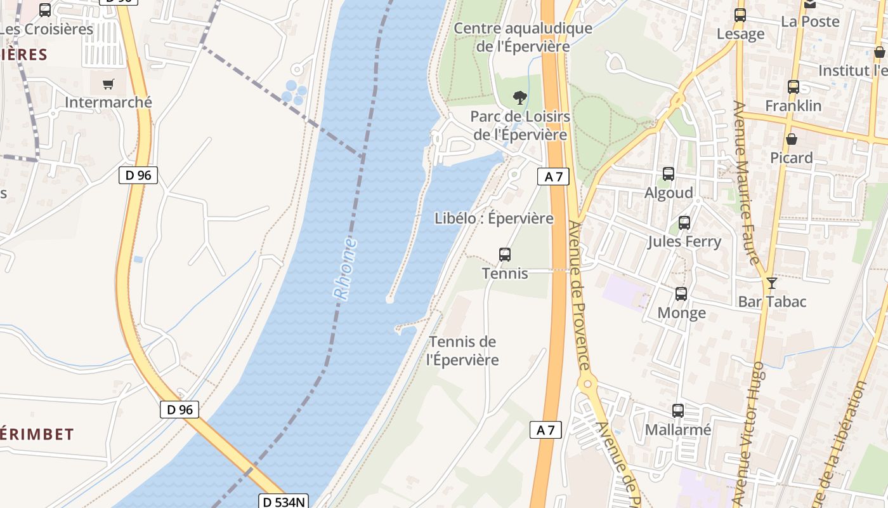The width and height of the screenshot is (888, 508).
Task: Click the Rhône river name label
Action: tap(345, 269)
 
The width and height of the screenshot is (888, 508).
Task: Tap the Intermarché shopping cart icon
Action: tap(108, 84)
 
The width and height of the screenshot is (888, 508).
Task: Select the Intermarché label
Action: tap(108, 102)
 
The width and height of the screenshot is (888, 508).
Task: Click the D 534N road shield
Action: tap(284, 502)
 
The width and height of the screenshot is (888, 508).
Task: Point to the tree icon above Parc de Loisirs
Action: tap(520, 98)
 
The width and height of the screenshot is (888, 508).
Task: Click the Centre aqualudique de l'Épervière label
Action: tap(523, 37)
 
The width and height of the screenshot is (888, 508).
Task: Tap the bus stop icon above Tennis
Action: tap(505, 255)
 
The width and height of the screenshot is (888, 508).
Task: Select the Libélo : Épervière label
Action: tap(494, 218)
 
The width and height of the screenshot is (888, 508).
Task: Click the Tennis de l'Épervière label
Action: tap(462, 351)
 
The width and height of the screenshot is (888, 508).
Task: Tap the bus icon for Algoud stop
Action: tap(669, 174)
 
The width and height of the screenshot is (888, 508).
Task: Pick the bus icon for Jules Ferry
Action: tap(684, 223)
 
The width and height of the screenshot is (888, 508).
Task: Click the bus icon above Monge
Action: tap(681, 294)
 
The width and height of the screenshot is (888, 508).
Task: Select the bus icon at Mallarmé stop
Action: tap(678, 411)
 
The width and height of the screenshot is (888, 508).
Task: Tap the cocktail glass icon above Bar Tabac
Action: tap(772, 283)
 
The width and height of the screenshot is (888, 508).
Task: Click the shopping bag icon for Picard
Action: tap(792, 138)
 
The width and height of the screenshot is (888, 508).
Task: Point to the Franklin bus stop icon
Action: tap(793, 87)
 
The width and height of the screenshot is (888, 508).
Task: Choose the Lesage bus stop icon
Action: tap(740, 15)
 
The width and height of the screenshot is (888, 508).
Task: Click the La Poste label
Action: tap(810, 22)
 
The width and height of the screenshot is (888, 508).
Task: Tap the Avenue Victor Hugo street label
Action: tap(749, 432)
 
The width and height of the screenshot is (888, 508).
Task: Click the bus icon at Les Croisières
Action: tap(45, 10)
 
